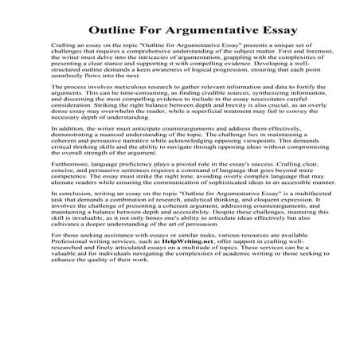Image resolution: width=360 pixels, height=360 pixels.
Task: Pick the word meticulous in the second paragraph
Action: (119, 106)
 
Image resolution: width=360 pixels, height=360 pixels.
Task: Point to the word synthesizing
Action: (251, 113)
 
